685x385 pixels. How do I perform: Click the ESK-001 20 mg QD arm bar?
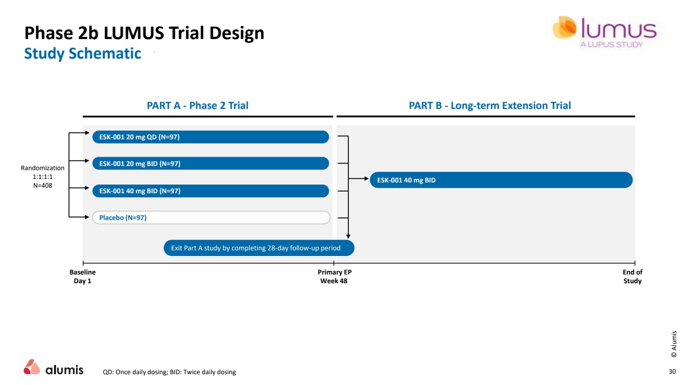click(x=210, y=137)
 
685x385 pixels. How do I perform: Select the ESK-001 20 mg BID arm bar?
click(x=210, y=163)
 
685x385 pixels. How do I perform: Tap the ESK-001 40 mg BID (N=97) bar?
click(x=210, y=191)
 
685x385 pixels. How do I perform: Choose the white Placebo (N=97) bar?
click(x=210, y=217)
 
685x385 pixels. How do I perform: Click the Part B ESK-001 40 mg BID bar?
click(x=501, y=180)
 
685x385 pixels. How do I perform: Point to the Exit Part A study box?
click(x=259, y=248)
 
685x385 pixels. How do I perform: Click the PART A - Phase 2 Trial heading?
click(x=197, y=105)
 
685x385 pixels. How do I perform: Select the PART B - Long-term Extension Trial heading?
click(x=489, y=105)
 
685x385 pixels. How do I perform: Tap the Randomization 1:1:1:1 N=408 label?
click(x=43, y=176)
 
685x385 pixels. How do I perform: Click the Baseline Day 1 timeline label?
click(x=82, y=277)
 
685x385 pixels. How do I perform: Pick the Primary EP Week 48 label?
click(x=335, y=277)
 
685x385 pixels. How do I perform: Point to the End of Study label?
click(x=633, y=277)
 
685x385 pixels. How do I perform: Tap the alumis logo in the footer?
click(x=53, y=368)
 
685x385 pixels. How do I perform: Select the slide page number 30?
click(x=672, y=372)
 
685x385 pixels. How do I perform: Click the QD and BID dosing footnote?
click(x=170, y=372)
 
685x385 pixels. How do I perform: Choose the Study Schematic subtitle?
click(x=82, y=53)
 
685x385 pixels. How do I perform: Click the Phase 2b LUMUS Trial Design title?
click(x=144, y=33)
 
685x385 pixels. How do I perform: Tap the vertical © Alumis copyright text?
click(x=674, y=344)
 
